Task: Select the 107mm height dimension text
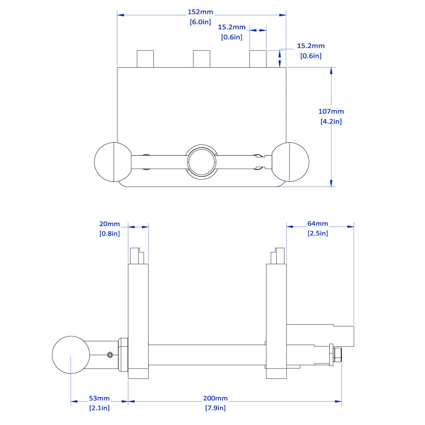(x=331, y=111)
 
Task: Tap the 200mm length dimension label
(x=215, y=398)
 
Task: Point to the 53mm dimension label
(x=99, y=398)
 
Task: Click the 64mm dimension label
(x=318, y=224)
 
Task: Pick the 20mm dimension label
(x=110, y=224)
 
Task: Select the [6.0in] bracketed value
(x=200, y=22)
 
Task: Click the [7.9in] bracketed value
(x=215, y=408)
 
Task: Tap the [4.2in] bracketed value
(x=331, y=122)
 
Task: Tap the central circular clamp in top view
(x=202, y=162)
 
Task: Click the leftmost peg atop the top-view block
(x=145, y=59)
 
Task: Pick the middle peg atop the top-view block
(x=201, y=59)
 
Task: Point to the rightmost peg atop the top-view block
(x=258, y=59)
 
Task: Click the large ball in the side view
(x=71, y=354)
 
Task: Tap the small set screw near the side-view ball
(x=110, y=354)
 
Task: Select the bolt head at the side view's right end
(x=338, y=354)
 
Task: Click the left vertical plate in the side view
(x=139, y=319)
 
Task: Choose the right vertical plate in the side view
(x=277, y=319)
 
